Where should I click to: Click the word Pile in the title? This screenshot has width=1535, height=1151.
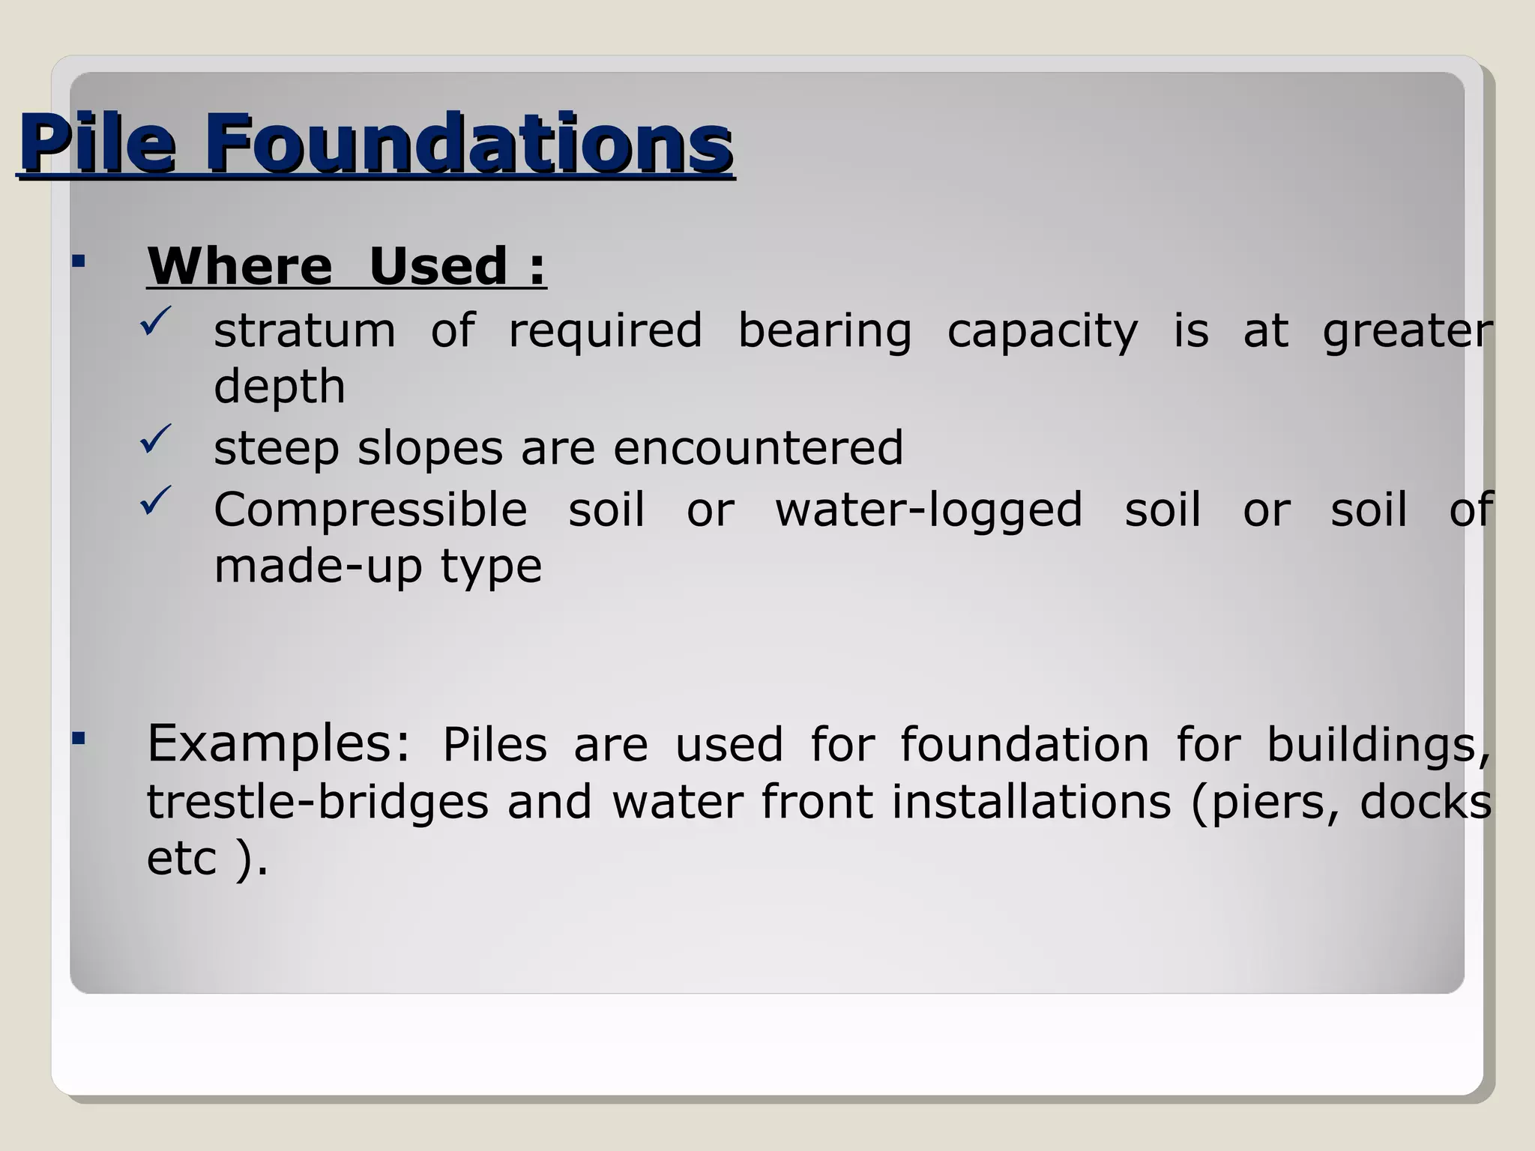[x=98, y=142]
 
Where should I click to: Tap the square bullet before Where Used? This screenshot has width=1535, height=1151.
[x=79, y=262]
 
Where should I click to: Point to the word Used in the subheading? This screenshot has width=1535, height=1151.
[x=438, y=266]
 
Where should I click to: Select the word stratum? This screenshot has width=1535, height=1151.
[x=304, y=330]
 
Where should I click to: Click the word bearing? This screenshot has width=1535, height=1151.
[x=824, y=330]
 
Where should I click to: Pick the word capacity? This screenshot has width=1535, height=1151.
[x=1042, y=332]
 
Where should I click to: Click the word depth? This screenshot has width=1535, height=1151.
[x=280, y=387]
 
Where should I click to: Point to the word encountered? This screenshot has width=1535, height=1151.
[x=758, y=448]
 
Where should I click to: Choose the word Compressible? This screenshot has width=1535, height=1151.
[x=370, y=510]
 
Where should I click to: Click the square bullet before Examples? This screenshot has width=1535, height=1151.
[x=79, y=739]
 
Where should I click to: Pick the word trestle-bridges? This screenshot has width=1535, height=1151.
[x=317, y=802]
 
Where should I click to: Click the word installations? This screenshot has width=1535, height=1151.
[x=1031, y=802]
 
